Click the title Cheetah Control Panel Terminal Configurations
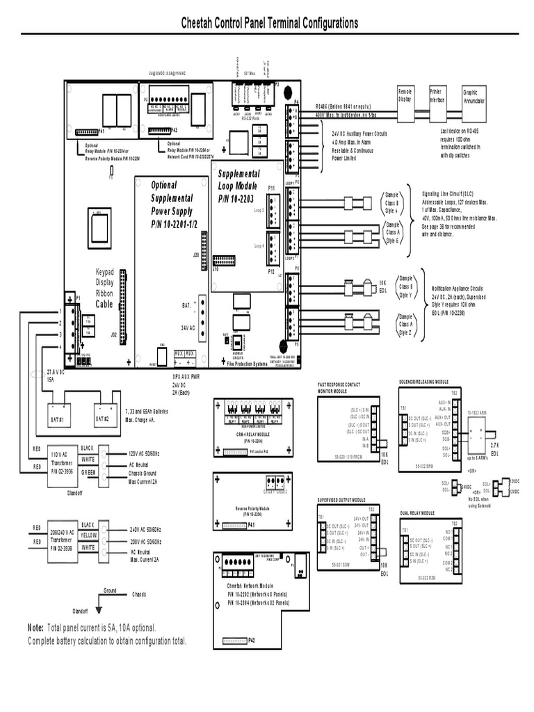pos(269,23)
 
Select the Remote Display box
pos(405,98)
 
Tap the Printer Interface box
pos(437,98)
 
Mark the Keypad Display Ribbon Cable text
pos(106,288)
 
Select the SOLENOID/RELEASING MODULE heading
pos(424,382)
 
